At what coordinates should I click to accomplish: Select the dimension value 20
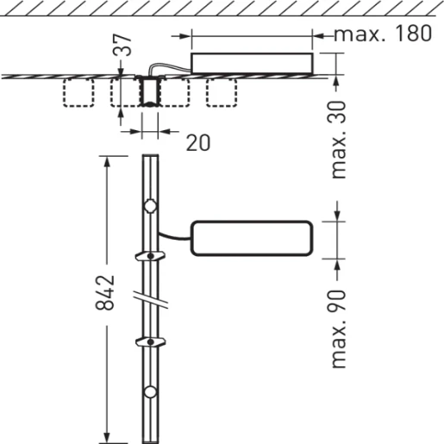coord(197,142)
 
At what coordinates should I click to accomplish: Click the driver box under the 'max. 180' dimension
coord(252,64)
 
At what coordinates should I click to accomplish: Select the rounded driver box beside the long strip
coord(249,237)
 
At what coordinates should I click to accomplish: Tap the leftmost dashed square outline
coord(80,93)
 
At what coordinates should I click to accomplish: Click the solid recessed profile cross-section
coord(151,91)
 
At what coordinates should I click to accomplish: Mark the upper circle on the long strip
coord(151,207)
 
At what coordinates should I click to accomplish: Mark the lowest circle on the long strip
coord(151,393)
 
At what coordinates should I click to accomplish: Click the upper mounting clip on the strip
coord(151,256)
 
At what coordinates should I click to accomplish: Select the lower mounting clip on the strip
coord(151,342)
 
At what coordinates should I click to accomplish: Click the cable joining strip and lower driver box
coord(174,235)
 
